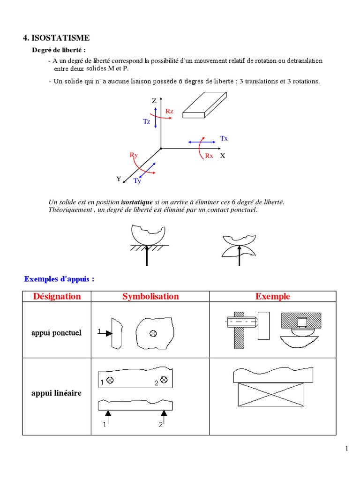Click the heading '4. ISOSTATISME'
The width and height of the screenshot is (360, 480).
coord(56,37)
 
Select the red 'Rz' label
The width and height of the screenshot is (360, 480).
coord(170,111)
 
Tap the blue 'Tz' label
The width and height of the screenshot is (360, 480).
coord(147,121)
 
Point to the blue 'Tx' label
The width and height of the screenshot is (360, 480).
coord(224,138)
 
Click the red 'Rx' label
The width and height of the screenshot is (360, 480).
coord(209,156)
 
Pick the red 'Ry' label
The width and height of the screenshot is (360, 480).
coord(134,155)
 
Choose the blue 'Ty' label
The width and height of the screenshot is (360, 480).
coord(137,181)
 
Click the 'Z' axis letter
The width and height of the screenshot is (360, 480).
coord(154,101)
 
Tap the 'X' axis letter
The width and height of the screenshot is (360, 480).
coord(223,156)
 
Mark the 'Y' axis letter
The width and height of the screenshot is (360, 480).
coord(119,179)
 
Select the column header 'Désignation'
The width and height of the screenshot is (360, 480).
coord(57,296)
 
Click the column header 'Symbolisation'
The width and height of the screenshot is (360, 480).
coord(150,296)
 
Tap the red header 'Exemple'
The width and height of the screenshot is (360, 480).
coord(272,296)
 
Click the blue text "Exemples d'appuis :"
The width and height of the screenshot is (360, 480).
coord(59,279)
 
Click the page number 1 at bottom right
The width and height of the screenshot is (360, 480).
coord(346,449)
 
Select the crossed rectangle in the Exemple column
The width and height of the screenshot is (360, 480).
coord(270,394)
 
